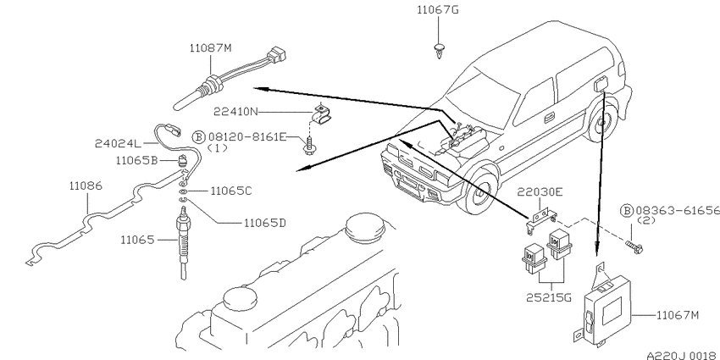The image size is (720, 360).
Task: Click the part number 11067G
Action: (x=437, y=9)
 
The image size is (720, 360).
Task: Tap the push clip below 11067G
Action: (x=440, y=50)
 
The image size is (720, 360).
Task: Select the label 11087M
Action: (x=210, y=47)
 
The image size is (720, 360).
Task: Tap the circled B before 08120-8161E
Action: (x=198, y=136)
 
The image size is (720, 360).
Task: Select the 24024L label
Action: (x=117, y=144)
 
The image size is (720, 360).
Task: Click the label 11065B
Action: (x=137, y=160)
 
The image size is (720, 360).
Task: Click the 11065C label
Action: (x=231, y=191)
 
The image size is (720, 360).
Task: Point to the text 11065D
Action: (x=265, y=223)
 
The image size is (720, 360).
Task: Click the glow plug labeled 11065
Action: (x=183, y=242)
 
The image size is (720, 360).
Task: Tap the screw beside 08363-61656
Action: (x=634, y=246)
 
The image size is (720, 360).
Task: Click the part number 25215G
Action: (x=549, y=297)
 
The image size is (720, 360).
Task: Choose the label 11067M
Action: (x=678, y=315)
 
